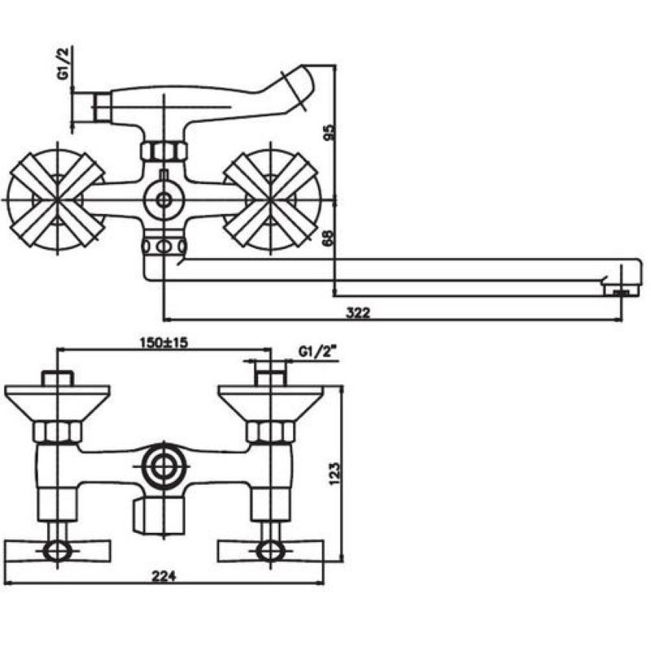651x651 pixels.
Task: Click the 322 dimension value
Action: (357, 312)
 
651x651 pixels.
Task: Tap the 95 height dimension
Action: (329, 133)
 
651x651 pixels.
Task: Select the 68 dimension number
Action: (329, 238)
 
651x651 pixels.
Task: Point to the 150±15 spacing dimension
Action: (164, 343)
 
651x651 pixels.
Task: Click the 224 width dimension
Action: (164, 576)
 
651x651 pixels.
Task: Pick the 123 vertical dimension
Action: (334, 473)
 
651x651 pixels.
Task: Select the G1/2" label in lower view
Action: (317, 352)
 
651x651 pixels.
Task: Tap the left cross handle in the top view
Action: (56, 200)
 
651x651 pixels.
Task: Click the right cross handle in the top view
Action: (271, 200)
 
